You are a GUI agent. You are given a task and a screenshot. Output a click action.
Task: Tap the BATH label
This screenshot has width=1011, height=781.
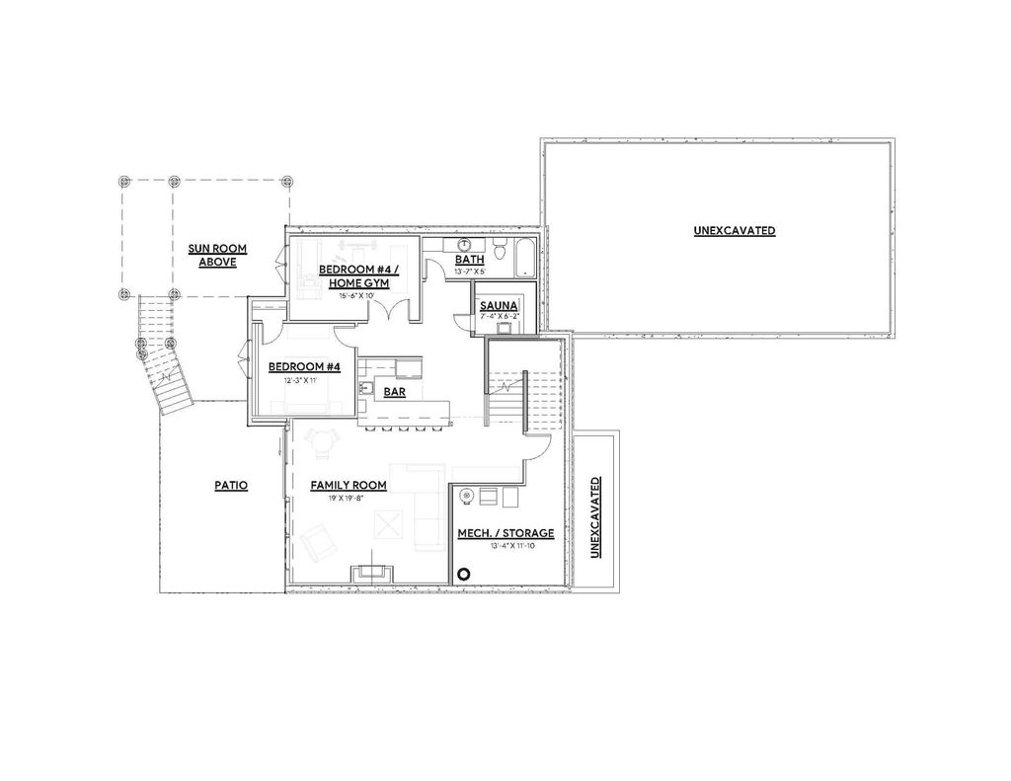(469, 260)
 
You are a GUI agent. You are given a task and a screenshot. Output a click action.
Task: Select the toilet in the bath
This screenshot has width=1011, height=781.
(500, 250)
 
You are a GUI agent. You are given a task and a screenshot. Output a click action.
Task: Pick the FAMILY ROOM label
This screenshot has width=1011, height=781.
(348, 486)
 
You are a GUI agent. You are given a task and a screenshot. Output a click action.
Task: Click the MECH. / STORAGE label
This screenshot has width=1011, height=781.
(505, 533)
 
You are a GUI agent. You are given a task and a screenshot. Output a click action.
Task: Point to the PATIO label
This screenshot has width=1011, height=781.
(230, 486)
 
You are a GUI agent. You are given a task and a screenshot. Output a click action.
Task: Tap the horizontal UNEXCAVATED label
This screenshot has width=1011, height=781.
(734, 231)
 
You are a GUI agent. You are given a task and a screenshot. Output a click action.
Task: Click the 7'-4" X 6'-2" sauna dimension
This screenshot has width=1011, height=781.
(499, 317)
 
